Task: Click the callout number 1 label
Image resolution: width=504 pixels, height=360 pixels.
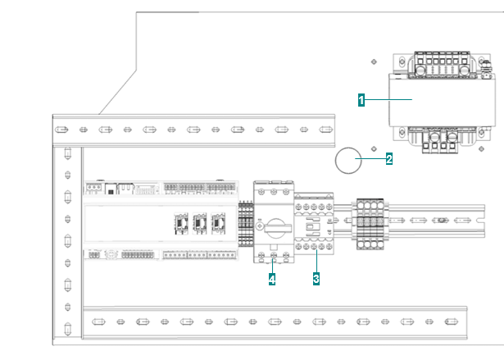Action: point(361,100)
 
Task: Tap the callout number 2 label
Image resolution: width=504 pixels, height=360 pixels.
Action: point(389,159)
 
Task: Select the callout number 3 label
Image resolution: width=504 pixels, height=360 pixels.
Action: point(316,279)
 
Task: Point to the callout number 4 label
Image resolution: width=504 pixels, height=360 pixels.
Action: point(272,280)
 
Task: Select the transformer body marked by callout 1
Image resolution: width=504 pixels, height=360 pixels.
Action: point(442,100)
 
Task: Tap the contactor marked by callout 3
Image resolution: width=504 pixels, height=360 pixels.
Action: point(314,224)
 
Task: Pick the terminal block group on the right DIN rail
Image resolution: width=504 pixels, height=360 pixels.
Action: point(370,224)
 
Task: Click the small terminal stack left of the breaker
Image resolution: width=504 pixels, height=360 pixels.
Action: point(246,224)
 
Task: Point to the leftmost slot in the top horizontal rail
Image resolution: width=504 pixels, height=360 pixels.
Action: point(61,130)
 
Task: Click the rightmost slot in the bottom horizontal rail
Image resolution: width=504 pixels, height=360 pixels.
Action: point(451,321)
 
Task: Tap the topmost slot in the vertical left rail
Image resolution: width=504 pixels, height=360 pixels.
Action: point(67,153)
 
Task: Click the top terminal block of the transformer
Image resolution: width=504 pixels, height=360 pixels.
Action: point(442,64)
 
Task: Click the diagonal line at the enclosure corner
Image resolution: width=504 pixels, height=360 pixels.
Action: point(118,92)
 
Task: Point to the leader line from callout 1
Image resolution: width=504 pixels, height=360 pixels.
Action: point(388,100)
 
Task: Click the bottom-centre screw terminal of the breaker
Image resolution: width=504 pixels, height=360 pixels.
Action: point(274,255)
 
